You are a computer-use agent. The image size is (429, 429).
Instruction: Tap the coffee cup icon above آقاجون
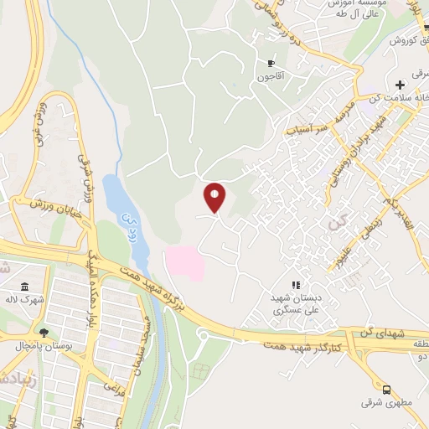point(271,64)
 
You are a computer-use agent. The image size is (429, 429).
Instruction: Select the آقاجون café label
point(270,77)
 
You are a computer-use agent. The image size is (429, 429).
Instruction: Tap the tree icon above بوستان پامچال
point(43,333)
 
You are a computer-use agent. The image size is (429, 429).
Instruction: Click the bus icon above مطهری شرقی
point(386,390)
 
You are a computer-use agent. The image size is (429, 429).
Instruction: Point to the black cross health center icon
point(401,85)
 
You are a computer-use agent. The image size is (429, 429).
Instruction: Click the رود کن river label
point(128,223)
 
